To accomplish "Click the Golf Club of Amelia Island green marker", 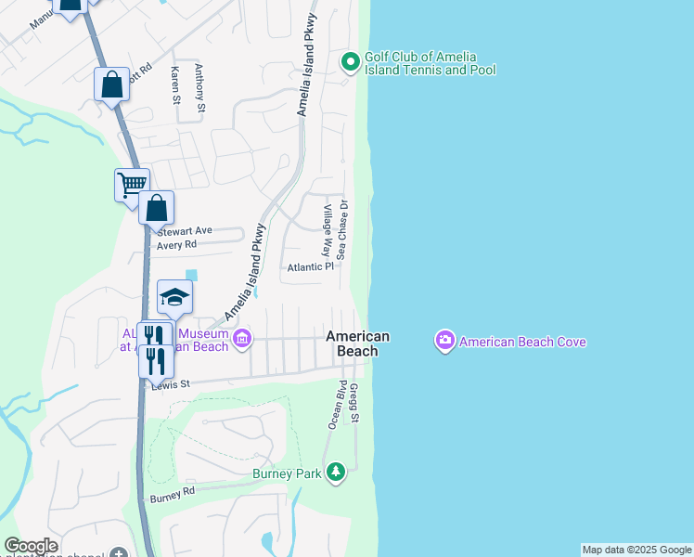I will [x=350, y=62].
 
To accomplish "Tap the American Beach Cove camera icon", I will [x=445, y=342].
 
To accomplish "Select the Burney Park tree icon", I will [x=336, y=473].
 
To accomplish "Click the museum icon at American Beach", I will [x=242, y=338].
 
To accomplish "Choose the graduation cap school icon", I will [x=173, y=297].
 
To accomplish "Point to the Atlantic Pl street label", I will [x=309, y=267].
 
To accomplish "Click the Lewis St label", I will [x=172, y=382].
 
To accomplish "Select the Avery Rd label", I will [x=177, y=245].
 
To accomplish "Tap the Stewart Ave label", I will [x=185, y=230].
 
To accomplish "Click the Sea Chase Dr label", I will [x=342, y=228].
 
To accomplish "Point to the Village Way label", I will [x=327, y=232].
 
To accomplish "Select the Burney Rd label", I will [x=174, y=494].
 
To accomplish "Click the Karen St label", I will [x=174, y=84].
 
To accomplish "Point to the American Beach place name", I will [x=357, y=343].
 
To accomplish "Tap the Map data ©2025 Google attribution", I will [x=636, y=550].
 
